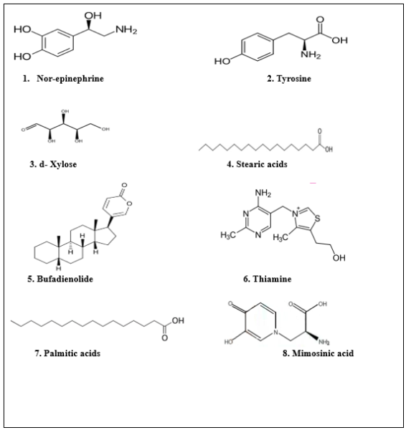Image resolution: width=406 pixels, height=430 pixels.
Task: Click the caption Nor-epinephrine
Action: (x=70, y=79)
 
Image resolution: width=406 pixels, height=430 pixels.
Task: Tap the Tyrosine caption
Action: (x=289, y=79)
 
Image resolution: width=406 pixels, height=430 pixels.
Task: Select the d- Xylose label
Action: (x=53, y=164)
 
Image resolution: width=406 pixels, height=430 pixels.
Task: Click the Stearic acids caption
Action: (x=257, y=164)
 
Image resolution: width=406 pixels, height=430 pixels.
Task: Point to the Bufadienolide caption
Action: (x=60, y=279)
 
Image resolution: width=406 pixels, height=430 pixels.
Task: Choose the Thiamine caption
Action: (x=267, y=279)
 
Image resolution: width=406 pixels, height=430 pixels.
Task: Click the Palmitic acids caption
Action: (x=67, y=353)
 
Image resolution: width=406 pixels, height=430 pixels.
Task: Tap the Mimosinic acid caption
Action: (x=318, y=353)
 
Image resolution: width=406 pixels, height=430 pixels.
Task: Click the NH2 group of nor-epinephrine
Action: (x=126, y=29)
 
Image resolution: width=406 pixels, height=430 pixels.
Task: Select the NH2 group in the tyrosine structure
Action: (x=311, y=54)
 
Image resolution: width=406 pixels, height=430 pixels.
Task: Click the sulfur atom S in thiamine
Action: (x=317, y=219)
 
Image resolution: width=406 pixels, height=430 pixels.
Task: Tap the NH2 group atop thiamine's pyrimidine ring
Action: (x=263, y=193)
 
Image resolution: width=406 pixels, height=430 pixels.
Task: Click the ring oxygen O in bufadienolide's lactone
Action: (x=129, y=204)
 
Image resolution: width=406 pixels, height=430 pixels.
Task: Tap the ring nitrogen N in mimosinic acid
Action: (x=276, y=333)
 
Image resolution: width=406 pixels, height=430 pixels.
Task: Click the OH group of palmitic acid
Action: (x=178, y=320)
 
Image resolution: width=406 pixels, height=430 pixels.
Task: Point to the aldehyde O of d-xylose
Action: (x=24, y=130)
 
